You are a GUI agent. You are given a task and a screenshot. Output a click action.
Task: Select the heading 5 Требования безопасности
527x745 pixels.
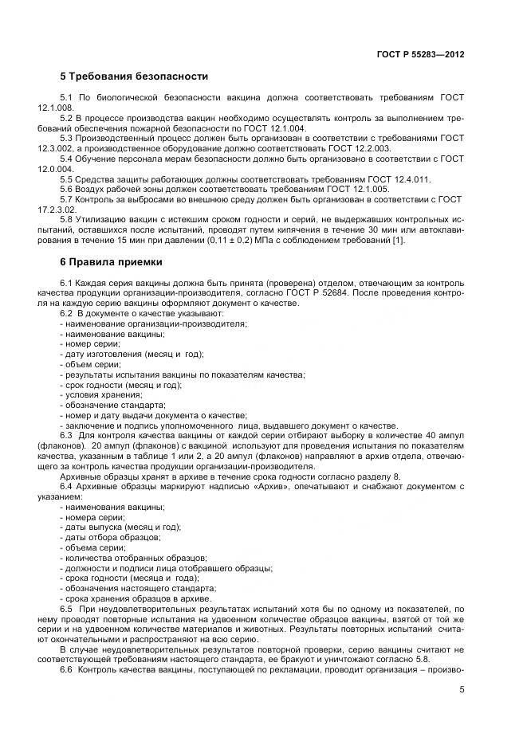[134, 77]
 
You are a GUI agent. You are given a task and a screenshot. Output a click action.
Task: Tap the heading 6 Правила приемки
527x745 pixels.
[111, 261]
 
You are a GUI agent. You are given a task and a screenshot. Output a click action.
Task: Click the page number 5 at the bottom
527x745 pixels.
[462, 690]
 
